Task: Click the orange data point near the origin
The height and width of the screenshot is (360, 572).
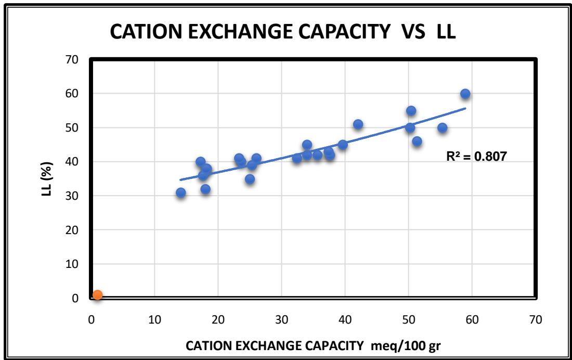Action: click(x=97, y=295)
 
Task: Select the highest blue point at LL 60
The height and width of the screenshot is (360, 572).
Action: click(x=465, y=94)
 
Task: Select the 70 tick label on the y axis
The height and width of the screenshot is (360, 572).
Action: click(x=72, y=60)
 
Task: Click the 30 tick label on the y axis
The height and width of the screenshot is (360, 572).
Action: click(x=72, y=196)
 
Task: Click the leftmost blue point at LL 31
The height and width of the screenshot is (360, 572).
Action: click(x=181, y=192)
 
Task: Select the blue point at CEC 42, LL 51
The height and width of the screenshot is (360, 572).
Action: click(x=358, y=124)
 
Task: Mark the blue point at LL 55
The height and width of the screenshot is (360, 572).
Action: click(x=411, y=110)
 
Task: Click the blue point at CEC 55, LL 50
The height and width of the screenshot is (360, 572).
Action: click(x=443, y=127)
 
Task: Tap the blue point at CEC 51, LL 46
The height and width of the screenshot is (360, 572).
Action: click(x=417, y=141)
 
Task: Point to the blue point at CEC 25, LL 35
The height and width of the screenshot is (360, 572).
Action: click(x=250, y=179)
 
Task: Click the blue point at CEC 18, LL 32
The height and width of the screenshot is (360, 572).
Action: click(x=205, y=189)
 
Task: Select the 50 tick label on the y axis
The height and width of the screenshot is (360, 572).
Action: click(x=72, y=128)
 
